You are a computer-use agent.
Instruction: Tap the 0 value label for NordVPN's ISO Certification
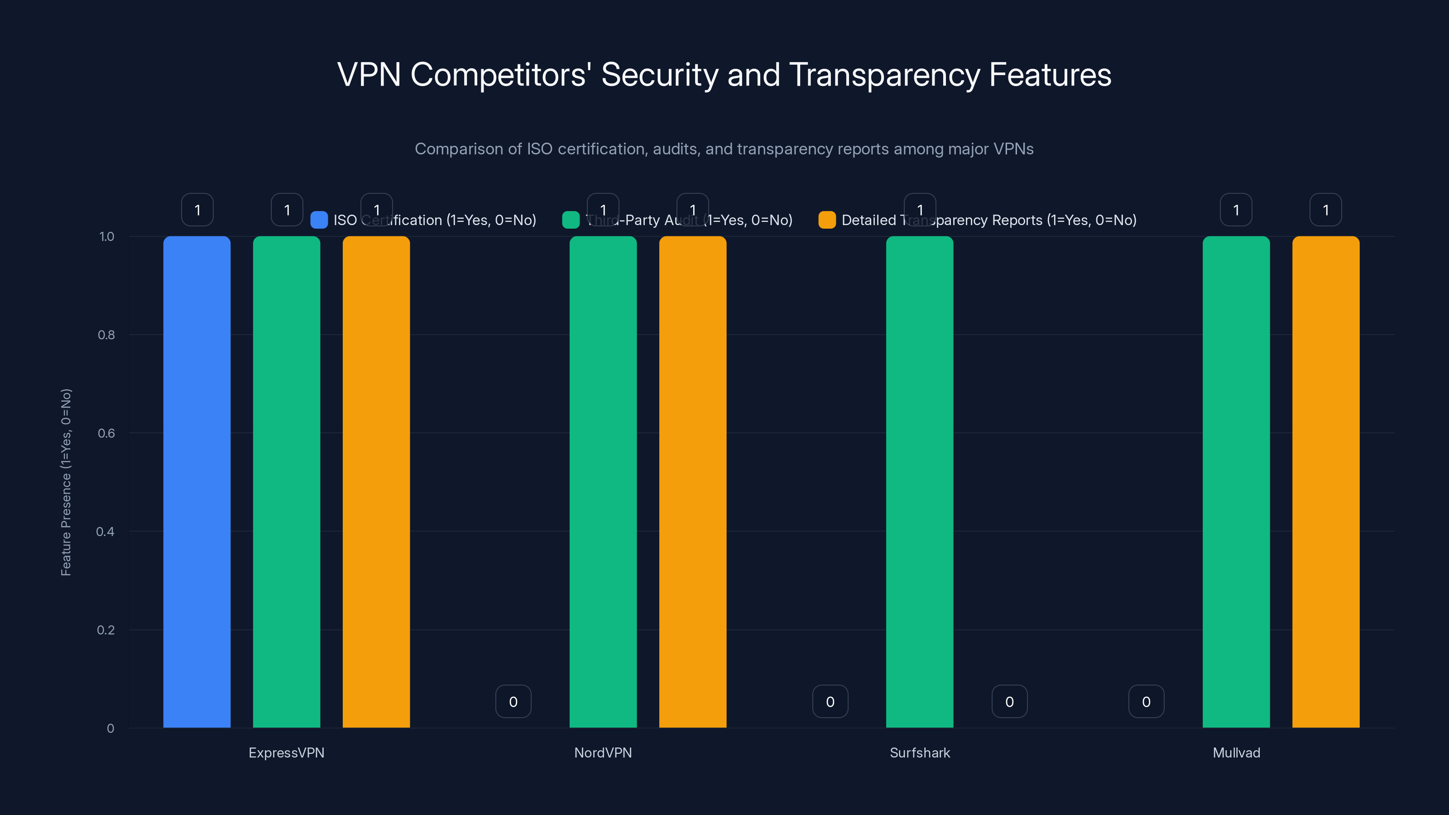coord(513,701)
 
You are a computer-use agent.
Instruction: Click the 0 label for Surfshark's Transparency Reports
coord(1009,701)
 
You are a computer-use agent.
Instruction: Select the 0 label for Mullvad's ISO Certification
coord(1146,701)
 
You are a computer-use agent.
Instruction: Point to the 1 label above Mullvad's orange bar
coord(1326,210)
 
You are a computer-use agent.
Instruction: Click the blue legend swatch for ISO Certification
coord(319,220)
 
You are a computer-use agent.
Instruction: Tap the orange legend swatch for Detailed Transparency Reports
coord(827,220)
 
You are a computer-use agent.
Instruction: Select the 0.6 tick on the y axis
coord(106,433)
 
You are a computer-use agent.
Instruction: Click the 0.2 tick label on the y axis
coord(106,630)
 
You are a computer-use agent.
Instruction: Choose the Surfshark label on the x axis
coord(920,753)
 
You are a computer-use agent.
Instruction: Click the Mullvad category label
coord(1236,753)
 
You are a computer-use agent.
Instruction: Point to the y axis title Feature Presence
coord(66,482)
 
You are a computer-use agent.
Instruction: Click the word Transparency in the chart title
coord(885,75)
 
